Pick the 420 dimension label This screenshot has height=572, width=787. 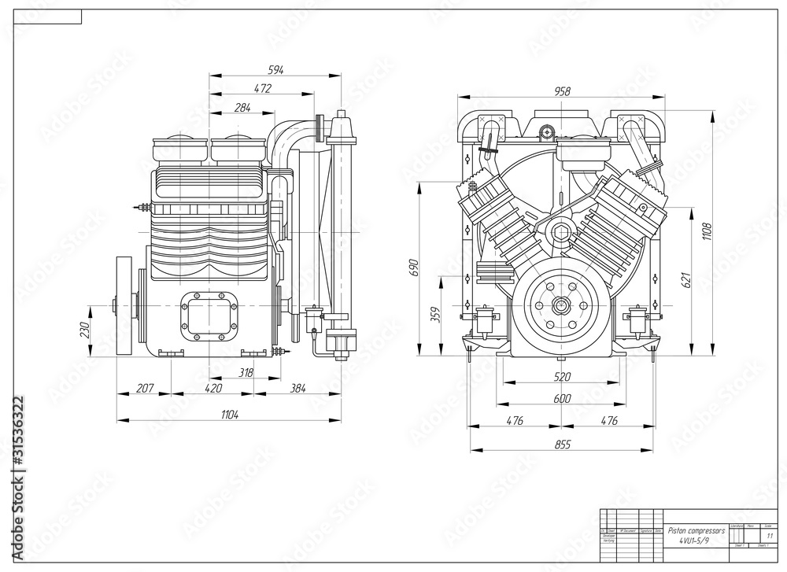pos(212,388)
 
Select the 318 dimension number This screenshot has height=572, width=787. pos(246,373)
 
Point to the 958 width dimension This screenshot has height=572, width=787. pos(562,91)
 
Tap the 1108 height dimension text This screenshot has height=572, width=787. pos(706,232)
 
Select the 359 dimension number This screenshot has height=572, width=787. pos(434,312)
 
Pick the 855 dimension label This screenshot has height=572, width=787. pos(562,445)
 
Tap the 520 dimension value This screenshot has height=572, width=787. pos(562,376)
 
